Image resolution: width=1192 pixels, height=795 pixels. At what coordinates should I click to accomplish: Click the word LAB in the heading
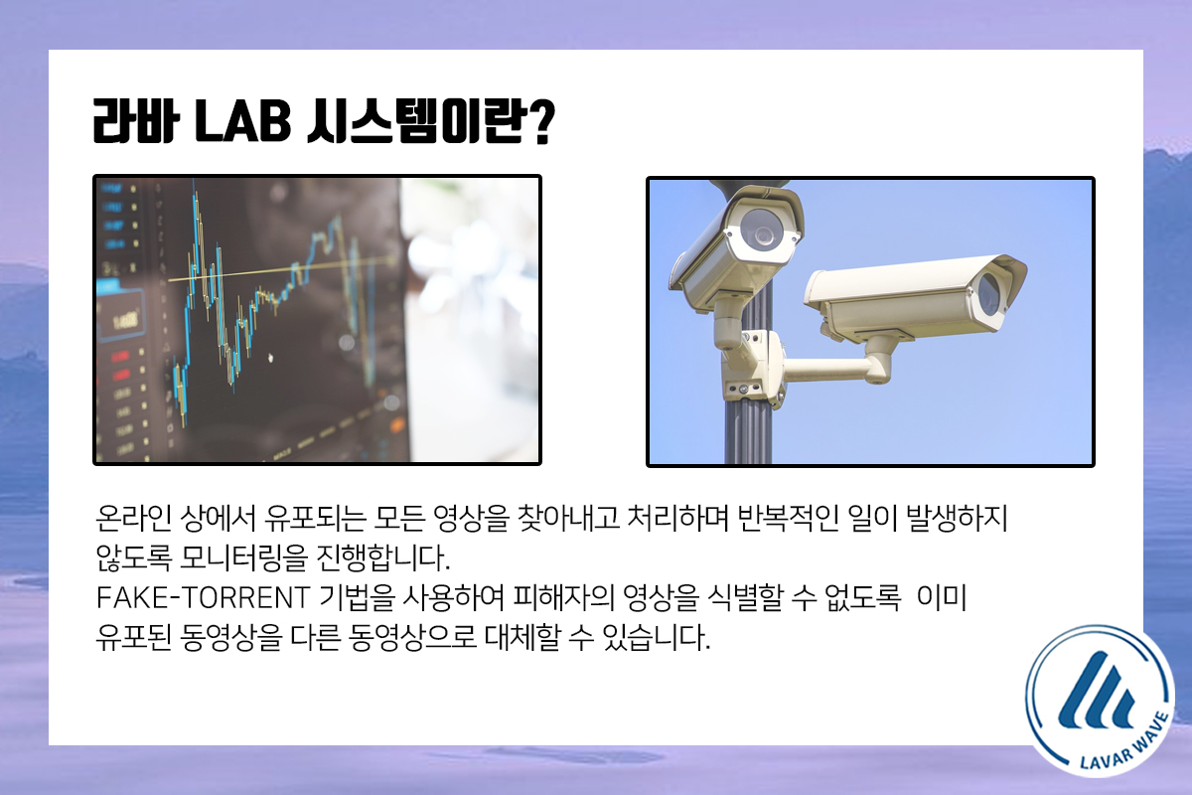242,121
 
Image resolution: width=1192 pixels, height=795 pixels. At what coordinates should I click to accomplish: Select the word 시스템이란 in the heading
413,122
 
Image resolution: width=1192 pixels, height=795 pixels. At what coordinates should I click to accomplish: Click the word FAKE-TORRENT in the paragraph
203,597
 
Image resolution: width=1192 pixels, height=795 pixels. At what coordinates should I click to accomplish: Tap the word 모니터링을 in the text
244,557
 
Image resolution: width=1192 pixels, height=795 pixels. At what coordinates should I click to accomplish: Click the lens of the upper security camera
763,233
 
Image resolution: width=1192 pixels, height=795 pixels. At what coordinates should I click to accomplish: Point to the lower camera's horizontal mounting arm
831,370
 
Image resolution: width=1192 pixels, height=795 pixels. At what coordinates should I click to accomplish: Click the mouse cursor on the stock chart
270,358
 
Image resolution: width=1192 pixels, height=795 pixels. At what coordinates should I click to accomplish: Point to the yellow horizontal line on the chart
282,270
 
